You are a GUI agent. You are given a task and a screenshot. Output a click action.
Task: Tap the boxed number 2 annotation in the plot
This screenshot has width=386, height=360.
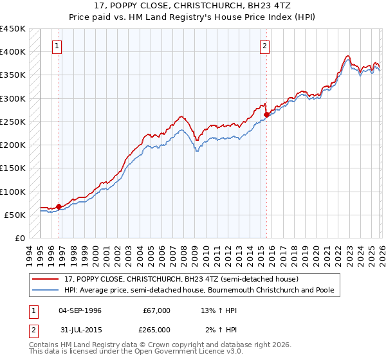click(265, 46)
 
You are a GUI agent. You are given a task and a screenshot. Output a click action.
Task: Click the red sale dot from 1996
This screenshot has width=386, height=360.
click(59, 206)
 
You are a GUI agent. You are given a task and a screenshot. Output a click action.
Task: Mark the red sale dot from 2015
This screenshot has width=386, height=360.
click(266, 114)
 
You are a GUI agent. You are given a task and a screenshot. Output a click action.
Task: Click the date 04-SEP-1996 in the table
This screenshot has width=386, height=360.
click(80, 310)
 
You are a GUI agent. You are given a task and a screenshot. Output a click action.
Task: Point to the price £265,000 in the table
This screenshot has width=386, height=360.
click(156, 329)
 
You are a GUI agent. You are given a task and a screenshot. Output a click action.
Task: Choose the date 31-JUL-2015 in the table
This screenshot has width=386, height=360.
click(79, 329)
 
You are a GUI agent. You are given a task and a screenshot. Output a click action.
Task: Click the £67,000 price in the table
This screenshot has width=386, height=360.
click(156, 310)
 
